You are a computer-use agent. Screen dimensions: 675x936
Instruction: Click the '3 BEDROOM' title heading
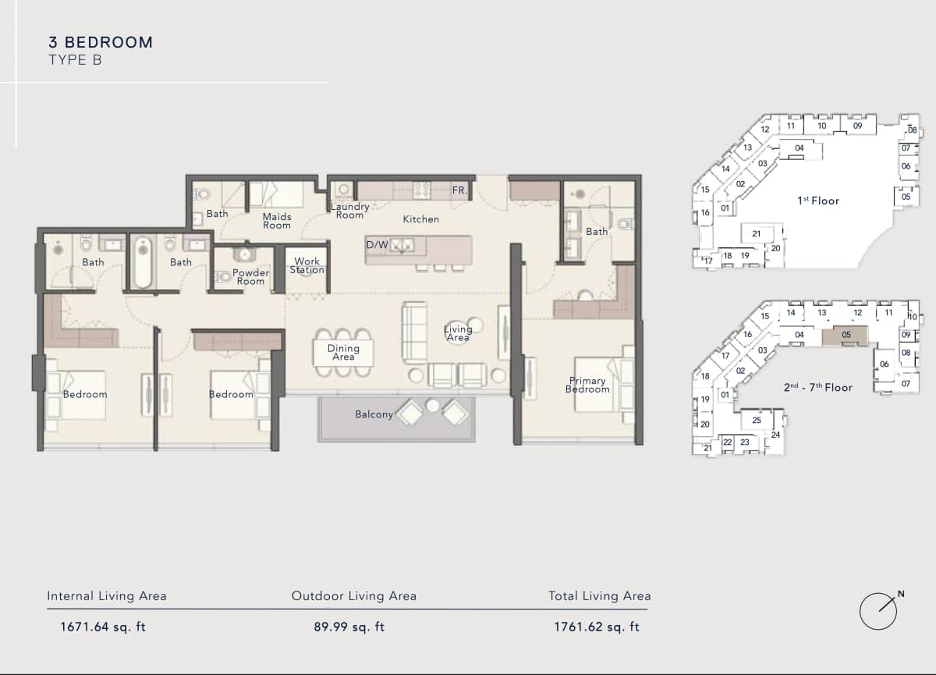tap(101, 42)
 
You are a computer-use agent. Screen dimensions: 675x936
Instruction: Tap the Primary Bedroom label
tap(587, 385)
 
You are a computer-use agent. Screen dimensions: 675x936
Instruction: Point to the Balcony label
tap(374, 414)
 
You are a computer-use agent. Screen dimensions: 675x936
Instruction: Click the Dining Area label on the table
tap(343, 353)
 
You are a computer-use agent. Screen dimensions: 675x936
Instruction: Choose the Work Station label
tap(307, 266)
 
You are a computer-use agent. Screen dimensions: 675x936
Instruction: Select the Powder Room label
tap(250, 277)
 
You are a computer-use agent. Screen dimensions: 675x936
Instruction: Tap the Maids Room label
tap(277, 221)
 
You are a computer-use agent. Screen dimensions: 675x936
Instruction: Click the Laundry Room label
tap(349, 211)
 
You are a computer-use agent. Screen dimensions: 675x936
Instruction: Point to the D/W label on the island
tap(378, 245)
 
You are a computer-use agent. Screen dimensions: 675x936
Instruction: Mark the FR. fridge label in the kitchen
tap(459, 190)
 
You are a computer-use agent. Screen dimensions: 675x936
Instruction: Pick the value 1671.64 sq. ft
tap(103, 626)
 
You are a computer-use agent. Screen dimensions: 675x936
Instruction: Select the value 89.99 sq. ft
tap(348, 626)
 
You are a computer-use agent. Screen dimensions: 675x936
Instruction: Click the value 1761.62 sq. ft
tap(597, 626)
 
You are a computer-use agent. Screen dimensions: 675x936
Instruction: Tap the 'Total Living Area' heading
tap(599, 596)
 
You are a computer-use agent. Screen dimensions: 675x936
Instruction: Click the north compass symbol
tap(879, 610)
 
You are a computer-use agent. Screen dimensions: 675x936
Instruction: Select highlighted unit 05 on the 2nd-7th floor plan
tap(846, 336)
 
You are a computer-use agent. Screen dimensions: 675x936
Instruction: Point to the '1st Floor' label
tap(818, 201)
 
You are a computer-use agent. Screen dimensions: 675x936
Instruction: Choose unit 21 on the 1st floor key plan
tap(756, 234)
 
